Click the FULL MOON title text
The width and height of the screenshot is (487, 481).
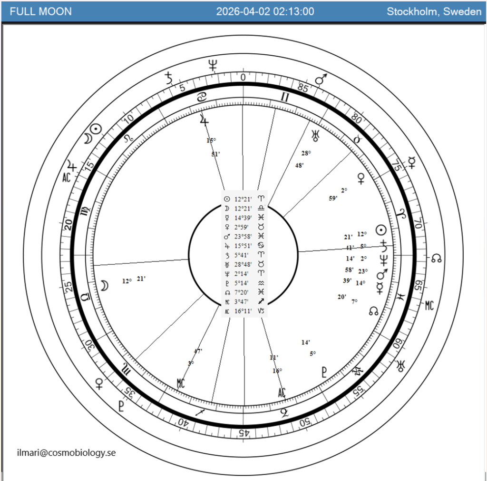point(41,11)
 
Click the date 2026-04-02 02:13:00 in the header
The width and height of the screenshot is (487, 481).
point(265,11)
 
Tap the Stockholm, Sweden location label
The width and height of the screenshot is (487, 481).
point(434,11)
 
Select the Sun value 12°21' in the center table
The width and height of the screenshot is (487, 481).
point(243,199)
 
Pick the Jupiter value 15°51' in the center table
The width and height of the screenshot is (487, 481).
point(243,246)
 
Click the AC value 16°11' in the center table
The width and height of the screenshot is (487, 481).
point(243,311)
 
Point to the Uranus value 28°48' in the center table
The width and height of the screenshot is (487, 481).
point(243,264)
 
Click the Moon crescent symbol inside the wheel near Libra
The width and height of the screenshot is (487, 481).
point(104,285)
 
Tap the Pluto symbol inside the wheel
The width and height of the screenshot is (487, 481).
point(324,372)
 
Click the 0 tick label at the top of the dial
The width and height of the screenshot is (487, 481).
point(243,78)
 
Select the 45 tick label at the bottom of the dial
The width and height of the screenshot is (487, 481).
point(242,432)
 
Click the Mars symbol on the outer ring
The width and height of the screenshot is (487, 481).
point(322,79)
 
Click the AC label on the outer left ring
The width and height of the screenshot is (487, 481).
point(67,178)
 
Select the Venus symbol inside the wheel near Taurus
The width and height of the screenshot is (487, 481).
point(361,179)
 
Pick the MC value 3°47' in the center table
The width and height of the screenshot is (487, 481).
point(243,301)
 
